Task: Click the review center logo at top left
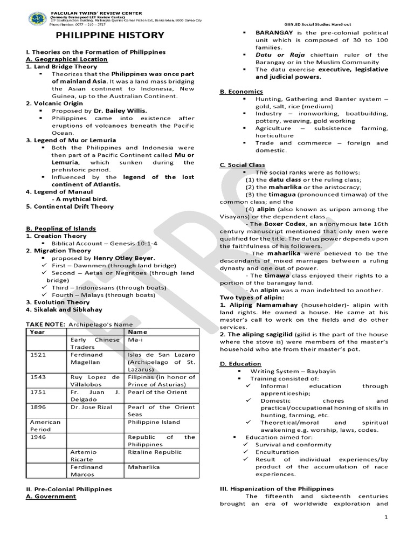tap(36, 19)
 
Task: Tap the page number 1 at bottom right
tap(387, 517)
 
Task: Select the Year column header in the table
tap(37, 332)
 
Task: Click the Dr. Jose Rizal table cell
tap(89, 407)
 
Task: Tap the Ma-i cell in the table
tap(135, 340)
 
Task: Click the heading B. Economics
tap(241, 92)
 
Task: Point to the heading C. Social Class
tap(243, 165)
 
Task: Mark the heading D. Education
tap(240, 364)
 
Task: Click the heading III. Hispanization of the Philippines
tap(277, 488)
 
